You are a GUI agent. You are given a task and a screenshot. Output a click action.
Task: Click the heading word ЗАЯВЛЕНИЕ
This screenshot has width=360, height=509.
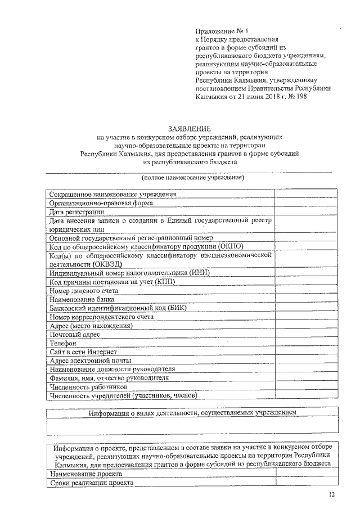click(188, 128)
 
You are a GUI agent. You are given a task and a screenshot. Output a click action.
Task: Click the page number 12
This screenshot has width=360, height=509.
click(332, 494)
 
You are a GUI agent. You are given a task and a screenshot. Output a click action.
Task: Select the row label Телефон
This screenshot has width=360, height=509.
click(62, 343)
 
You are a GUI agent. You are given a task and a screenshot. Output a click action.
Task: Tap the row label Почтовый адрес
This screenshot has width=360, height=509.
click(75, 334)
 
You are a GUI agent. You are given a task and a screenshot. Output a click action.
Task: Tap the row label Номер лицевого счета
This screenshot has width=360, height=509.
click(84, 291)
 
